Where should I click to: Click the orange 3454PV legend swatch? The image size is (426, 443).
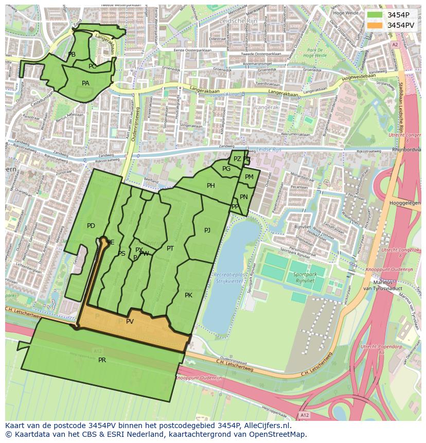[375, 25]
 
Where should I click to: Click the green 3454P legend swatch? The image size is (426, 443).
[375, 15]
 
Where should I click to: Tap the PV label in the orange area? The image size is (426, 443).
[130, 322]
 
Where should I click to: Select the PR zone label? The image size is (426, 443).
[102, 360]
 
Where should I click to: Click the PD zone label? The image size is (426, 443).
[91, 226]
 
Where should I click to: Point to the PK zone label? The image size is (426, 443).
[188, 295]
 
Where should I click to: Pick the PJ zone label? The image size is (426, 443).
[207, 231]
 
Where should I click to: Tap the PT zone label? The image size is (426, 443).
[170, 249]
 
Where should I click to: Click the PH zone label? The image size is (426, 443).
[211, 186]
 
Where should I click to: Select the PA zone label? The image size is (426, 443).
[85, 83]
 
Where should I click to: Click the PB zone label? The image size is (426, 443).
[72, 55]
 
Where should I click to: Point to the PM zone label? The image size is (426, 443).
[249, 177]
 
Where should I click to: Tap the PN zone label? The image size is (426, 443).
[244, 197]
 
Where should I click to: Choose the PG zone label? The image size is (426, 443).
[226, 169]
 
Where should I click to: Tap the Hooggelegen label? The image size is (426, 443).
[405, 203]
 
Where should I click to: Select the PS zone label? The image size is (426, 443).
[121, 254]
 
